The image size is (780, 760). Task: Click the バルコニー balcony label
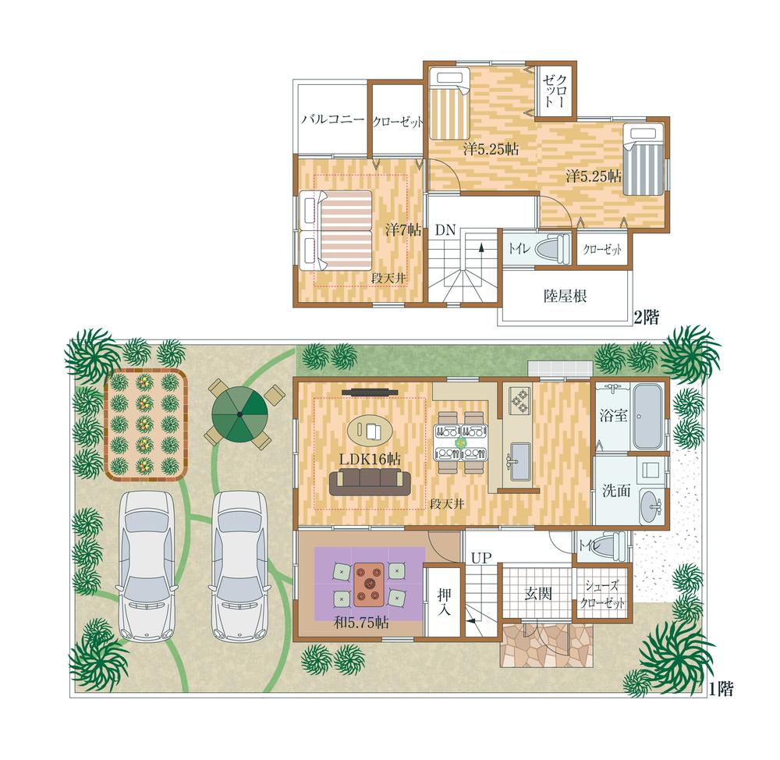332,120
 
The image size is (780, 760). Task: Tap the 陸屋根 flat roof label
565,296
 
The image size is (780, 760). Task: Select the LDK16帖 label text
369,459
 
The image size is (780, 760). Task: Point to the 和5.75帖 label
361,623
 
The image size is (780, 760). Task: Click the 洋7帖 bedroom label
403,230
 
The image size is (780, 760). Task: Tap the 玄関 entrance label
538,594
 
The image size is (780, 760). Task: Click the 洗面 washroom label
615,491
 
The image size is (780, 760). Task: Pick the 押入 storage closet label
444,601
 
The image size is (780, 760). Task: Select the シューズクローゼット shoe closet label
603,596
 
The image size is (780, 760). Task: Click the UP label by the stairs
480,559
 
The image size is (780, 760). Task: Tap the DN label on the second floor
445,230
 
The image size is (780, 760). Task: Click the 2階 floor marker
646,318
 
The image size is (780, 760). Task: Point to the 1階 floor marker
720,689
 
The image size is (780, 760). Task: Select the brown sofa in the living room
369,483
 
